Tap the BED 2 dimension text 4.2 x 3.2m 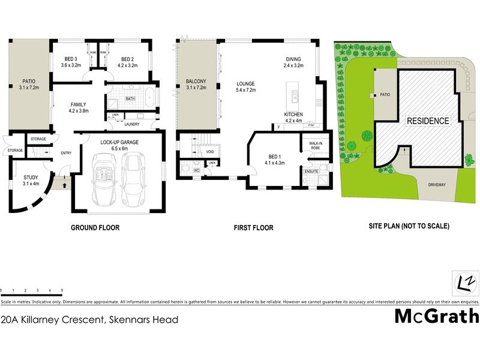126,66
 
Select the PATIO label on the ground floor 29,80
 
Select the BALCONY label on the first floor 196,81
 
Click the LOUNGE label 247,83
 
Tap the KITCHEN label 293,113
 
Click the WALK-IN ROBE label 315,145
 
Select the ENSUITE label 311,172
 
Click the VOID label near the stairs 210,152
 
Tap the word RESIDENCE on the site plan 428,121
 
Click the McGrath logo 436,316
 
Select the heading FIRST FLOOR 254,228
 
